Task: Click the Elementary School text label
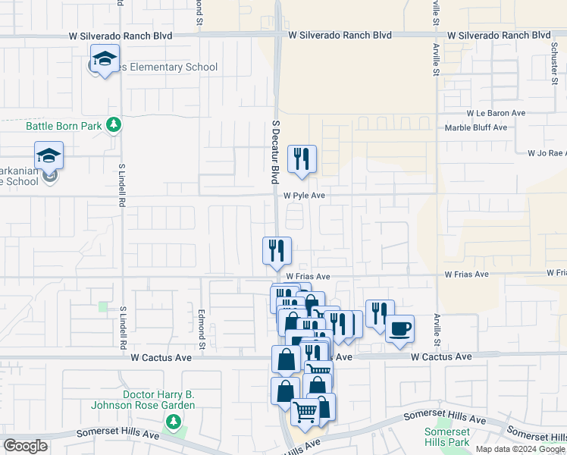163,67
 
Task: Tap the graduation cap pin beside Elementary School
105,59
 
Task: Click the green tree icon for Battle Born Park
114,124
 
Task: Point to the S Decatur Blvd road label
276,150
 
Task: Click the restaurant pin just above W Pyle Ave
302,159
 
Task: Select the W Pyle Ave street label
305,195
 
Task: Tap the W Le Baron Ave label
497,112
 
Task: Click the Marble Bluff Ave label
475,127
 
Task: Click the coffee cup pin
399,329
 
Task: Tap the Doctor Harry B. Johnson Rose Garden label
159,400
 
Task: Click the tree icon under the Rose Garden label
174,420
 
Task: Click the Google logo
25,446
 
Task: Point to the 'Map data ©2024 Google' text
519,449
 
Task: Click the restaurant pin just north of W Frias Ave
277,251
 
